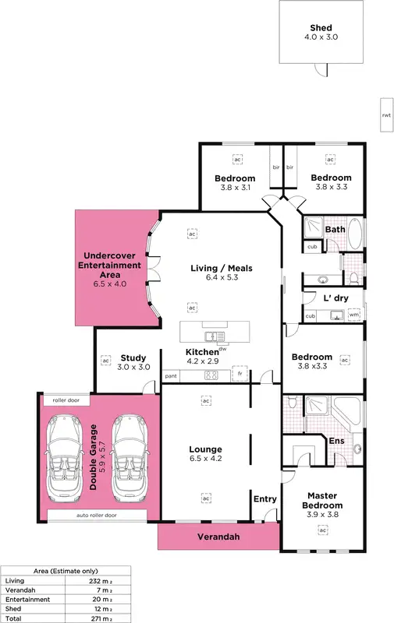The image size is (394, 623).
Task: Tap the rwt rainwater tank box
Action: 385,114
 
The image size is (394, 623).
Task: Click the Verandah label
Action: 218,537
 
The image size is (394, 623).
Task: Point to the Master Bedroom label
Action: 321,500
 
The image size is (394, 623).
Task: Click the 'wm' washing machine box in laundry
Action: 353,315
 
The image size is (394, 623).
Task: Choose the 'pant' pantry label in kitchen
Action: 170,376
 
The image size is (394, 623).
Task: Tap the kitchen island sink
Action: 213,336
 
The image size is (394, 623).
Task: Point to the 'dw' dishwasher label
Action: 222,349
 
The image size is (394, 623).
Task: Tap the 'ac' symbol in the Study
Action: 105,361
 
